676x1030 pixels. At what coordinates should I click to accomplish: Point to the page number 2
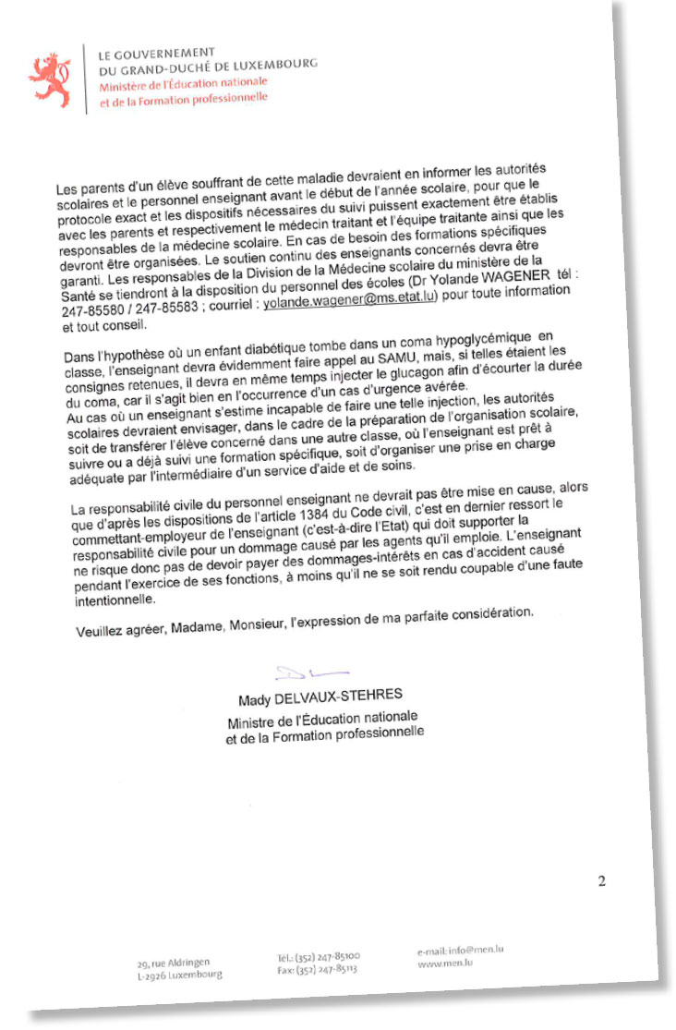coord(601,881)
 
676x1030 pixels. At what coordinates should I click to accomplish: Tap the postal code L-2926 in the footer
coord(154,975)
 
